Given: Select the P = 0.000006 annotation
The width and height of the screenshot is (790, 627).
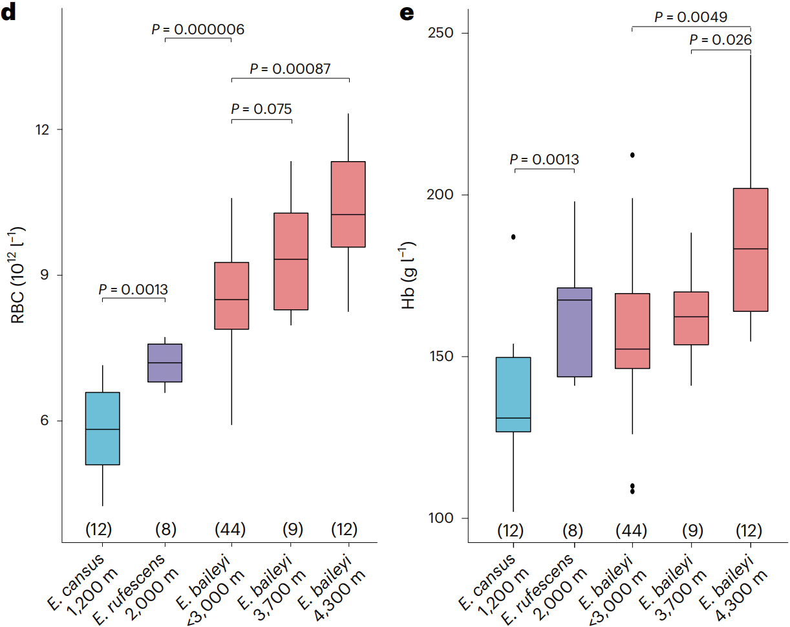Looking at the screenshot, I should coord(198,29).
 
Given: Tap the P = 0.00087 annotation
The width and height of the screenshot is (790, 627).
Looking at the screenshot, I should coord(290,69).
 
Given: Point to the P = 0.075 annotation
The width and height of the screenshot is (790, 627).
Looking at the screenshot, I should coord(262,109).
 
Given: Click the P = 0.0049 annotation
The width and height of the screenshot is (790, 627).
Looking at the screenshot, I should coord(691,17).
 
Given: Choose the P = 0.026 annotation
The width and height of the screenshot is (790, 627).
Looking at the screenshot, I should coord(721,40).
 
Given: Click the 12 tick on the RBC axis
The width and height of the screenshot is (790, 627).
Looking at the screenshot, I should coord(45,129).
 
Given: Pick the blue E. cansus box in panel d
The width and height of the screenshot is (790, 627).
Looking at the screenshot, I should coord(103,428).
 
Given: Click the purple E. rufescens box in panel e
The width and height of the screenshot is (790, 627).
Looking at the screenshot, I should coord(573,332).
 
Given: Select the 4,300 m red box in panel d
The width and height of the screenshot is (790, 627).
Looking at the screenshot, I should coord(348,204).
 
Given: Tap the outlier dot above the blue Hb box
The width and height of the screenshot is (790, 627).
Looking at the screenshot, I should coord(513,237).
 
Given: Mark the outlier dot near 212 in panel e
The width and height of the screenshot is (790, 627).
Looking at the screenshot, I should coord(632,155).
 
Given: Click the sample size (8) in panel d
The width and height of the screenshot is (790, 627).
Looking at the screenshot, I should coord(165,530).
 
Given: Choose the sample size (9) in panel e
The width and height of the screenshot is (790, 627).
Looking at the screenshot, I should coord(691,531).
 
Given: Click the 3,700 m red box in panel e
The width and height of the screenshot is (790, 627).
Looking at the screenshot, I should coord(691,318).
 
